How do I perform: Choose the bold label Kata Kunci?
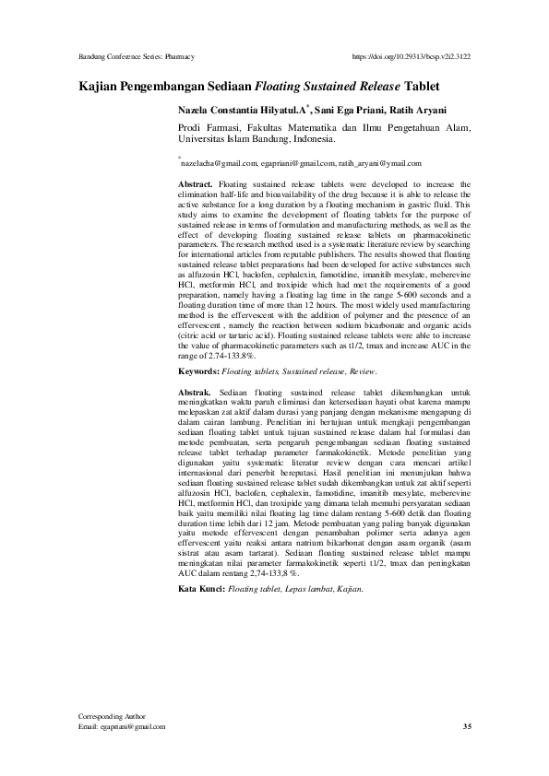click(x=201, y=586)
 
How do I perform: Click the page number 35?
click(x=466, y=726)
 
